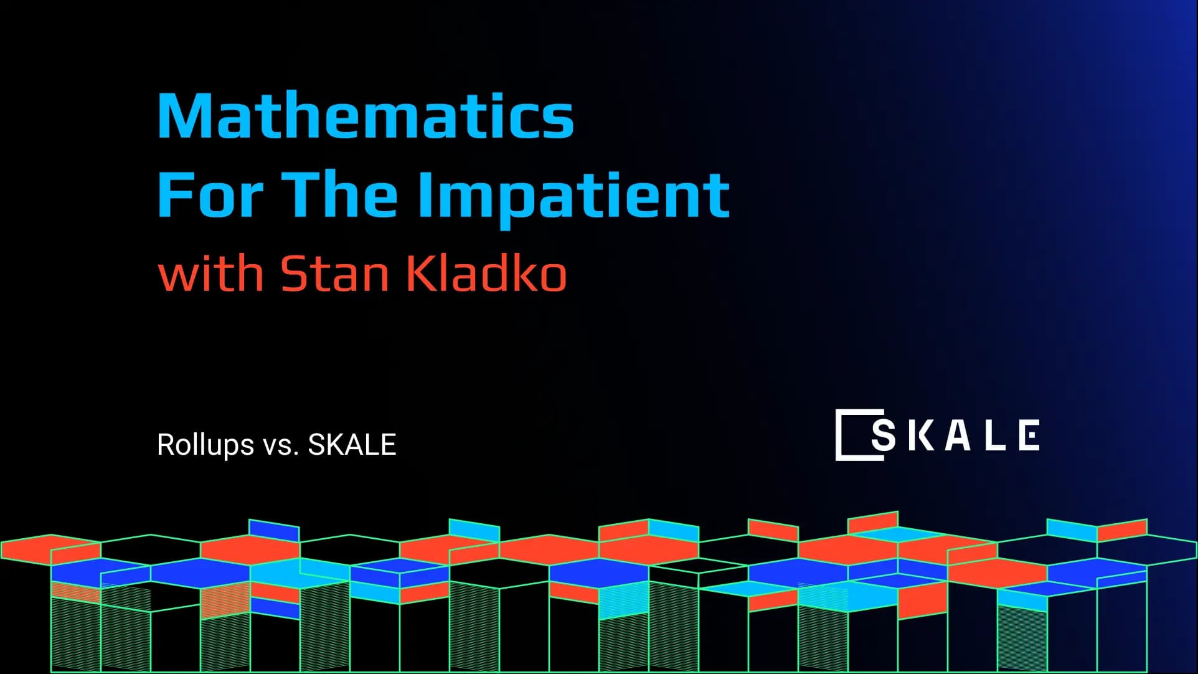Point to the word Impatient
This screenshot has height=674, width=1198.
click(573, 196)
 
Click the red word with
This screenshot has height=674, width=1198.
click(211, 273)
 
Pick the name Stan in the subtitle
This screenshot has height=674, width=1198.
click(335, 273)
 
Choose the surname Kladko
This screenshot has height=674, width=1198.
click(486, 273)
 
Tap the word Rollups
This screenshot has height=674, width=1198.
click(205, 445)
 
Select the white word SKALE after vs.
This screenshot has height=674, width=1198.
click(352, 445)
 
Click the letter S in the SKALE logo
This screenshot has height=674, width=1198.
click(884, 435)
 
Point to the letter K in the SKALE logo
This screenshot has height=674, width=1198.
click(920, 435)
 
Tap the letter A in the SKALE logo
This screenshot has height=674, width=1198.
click(958, 435)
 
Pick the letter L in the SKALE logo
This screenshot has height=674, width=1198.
click(995, 435)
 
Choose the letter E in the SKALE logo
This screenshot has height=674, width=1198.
click(1029, 435)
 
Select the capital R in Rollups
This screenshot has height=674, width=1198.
click(165, 445)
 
